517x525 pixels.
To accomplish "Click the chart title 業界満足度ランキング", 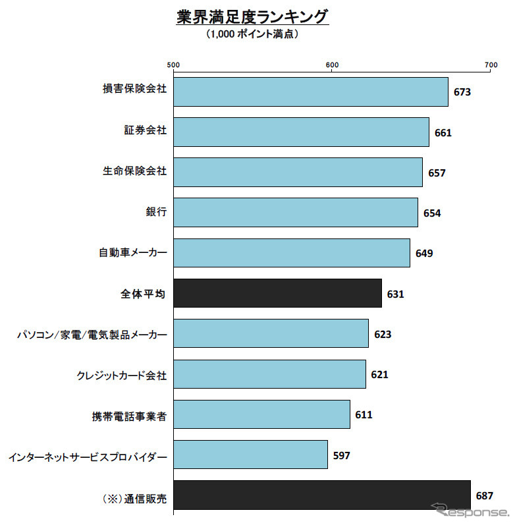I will tap(252, 17).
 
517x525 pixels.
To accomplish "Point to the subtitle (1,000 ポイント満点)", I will tap(252, 34).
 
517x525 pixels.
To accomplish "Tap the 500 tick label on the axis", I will tap(173, 64).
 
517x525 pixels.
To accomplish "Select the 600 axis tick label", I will tap(332, 64).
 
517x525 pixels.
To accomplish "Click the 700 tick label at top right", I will tap(490, 64).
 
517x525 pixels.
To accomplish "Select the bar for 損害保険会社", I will tap(310, 92).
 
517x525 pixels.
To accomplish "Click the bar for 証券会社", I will tap(301, 132).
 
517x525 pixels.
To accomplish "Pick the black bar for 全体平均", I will tap(277, 293).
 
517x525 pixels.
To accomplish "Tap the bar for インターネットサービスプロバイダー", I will tap(250, 455).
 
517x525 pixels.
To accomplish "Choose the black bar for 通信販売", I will tap(322, 495).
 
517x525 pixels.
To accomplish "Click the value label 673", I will tap(462, 92).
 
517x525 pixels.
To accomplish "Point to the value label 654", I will tap(432, 213).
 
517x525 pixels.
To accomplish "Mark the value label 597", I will tap(342, 455).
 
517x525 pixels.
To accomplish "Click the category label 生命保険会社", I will tap(134, 172).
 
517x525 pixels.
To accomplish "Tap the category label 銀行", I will tap(156, 212).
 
